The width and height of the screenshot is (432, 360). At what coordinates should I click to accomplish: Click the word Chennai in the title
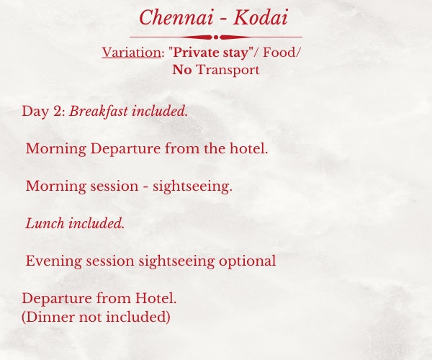tap(176, 17)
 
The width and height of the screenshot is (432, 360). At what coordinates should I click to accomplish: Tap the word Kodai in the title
tap(261, 17)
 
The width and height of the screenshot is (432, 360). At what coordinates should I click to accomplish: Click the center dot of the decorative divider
tap(216, 37)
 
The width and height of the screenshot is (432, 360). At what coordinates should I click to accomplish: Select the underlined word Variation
tap(132, 53)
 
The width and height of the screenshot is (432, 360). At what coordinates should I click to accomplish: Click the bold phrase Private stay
tap(211, 53)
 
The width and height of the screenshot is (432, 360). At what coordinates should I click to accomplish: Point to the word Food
tap(279, 53)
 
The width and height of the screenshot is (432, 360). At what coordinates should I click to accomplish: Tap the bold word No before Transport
tap(182, 70)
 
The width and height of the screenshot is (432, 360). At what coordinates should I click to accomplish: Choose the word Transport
tap(228, 70)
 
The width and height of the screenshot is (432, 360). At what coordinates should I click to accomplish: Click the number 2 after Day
tap(58, 112)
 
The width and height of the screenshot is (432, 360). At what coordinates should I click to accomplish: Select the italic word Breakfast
tap(99, 112)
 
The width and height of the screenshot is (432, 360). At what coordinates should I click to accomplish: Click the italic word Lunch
tap(45, 223)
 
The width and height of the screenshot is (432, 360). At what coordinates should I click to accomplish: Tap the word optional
tap(248, 261)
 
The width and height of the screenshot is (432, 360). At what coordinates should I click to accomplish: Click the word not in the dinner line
tap(91, 318)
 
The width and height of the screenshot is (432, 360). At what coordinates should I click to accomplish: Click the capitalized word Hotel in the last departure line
tap(155, 298)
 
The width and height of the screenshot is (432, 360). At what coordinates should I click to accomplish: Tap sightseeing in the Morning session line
tap(192, 186)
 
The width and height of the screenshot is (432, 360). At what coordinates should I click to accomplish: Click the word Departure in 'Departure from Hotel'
tap(57, 299)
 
